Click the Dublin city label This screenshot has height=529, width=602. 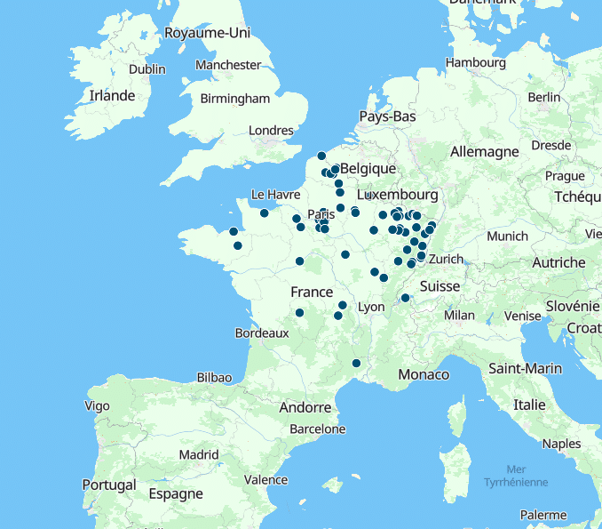coord(147,69)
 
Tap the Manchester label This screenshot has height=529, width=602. coord(228,65)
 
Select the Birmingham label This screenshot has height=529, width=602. coord(235,99)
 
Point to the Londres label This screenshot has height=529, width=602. coord(271,131)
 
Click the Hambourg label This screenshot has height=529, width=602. coord(475,63)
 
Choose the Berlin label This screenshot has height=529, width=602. coord(543,97)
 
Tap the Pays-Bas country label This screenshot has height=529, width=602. coord(387,116)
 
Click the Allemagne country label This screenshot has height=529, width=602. coord(484,152)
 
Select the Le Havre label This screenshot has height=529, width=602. coord(276,194)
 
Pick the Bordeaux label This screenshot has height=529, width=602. coord(262,333)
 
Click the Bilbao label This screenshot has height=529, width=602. coord(214,377)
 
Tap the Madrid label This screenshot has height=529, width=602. coord(199,454)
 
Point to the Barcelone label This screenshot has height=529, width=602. coord(317,429)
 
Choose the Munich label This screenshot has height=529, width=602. coord(507,236)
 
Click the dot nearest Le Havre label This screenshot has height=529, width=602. coord(265,212)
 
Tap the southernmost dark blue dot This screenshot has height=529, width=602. coord(356,363)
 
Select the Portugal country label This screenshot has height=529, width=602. coord(109,485)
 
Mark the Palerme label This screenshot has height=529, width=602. coord(543,515)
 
